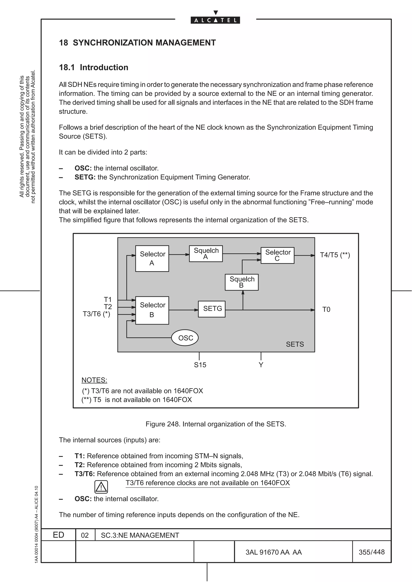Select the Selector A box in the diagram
point(152,258)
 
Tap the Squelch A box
point(206,253)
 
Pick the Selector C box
point(277,255)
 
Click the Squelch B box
point(242,282)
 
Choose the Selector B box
point(152,310)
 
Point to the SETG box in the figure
point(212,309)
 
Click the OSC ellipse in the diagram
point(185,338)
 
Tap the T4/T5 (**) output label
point(335,255)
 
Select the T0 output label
point(326,309)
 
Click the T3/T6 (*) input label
point(97,314)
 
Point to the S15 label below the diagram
point(200,365)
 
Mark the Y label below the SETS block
point(261,365)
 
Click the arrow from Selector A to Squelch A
point(179,254)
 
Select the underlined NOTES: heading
point(94,380)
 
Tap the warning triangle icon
point(101,487)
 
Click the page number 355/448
point(372,552)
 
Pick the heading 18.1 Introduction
point(94,67)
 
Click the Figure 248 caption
point(216,424)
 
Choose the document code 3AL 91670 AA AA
point(274,552)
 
